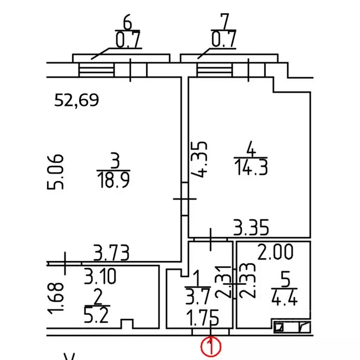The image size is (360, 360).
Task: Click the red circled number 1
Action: [x=211, y=346]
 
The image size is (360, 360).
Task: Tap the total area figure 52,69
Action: [x=76, y=100]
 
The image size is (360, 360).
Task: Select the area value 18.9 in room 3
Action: [x=113, y=180]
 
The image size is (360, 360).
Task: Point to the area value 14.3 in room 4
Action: [x=251, y=168]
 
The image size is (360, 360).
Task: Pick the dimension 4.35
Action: [x=199, y=159]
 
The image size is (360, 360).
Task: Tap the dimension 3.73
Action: [x=112, y=253]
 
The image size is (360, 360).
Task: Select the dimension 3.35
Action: [x=251, y=227]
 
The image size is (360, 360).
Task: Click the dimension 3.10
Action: [x=100, y=276]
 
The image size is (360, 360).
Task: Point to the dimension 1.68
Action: [x=55, y=298]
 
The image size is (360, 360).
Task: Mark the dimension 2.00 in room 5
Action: [x=275, y=252]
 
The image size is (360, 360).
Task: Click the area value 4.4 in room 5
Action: [x=285, y=298]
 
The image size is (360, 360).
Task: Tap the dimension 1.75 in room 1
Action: [x=202, y=318]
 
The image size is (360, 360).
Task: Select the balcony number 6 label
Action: [x=127, y=22]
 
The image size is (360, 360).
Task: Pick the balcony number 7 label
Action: [x=225, y=22]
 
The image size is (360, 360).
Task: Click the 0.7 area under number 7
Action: [x=224, y=39]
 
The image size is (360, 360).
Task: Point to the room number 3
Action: [x=115, y=161]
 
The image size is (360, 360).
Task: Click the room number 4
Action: [x=251, y=149]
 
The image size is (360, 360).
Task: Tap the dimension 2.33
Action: [x=247, y=280]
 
